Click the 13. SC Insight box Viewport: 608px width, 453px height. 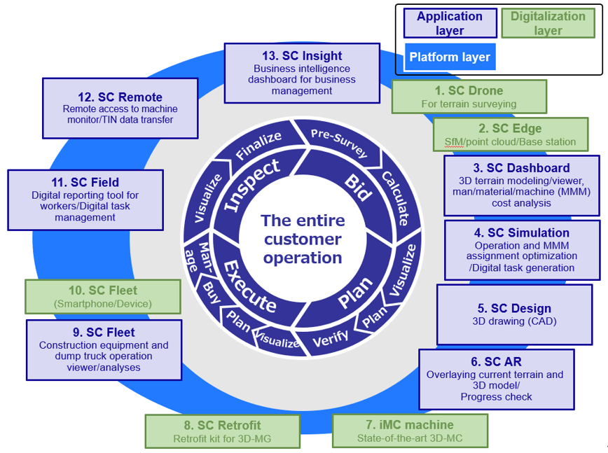[302, 73]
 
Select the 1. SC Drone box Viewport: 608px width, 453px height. [469, 97]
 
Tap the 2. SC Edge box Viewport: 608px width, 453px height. [511, 134]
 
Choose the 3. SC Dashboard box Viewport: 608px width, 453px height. [521, 185]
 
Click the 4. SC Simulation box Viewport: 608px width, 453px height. [522, 250]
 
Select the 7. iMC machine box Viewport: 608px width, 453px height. [410, 431]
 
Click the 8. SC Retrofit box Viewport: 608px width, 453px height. [222, 431]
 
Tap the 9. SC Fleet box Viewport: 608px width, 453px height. [104, 349]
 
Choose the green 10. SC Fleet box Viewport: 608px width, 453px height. [103, 297]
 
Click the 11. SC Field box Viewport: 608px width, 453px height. [85, 200]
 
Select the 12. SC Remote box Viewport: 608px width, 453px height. [120, 108]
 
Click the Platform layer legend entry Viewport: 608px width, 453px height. [450, 57]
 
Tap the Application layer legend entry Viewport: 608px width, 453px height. [450, 23]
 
